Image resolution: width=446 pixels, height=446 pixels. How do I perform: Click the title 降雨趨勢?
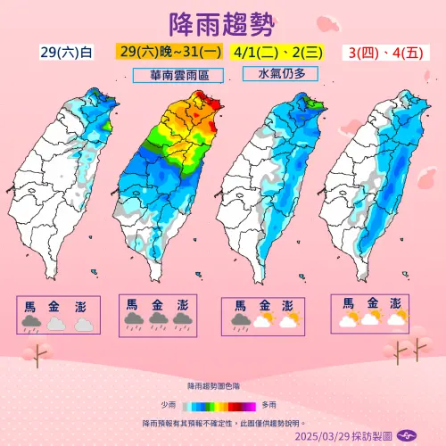click(222, 23)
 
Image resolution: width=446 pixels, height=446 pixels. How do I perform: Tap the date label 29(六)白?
click(66, 53)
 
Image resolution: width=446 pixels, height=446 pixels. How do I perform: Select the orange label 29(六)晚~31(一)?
click(169, 53)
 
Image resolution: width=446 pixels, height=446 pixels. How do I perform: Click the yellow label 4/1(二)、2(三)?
click(276, 53)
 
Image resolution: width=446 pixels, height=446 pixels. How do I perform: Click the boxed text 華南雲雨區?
click(175, 75)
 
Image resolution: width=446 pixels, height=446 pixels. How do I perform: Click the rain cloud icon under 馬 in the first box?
click(31, 323)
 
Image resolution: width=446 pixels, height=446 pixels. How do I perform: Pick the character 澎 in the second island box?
click(183, 305)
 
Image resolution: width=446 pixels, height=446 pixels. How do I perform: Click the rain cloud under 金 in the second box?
click(158, 319)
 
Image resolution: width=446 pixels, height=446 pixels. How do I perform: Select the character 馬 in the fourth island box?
click(346, 302)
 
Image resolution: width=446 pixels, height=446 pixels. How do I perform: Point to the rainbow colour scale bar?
click(222, 404)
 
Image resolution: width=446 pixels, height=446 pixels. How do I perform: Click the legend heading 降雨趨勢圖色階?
click(222, 386)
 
